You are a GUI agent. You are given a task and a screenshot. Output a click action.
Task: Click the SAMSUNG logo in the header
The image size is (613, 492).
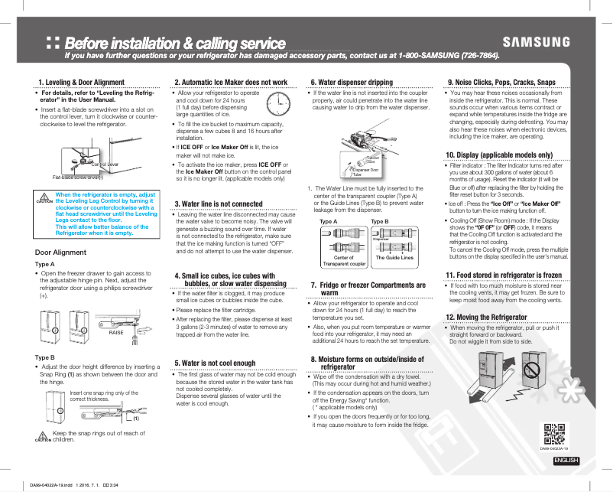coord(536,42)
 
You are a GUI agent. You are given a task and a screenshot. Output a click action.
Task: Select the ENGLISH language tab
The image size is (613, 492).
coord(566,460)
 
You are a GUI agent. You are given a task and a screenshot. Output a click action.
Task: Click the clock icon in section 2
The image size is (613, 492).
coord(278,103)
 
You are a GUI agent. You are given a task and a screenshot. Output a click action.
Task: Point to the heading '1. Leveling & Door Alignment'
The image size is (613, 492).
coord(82,82)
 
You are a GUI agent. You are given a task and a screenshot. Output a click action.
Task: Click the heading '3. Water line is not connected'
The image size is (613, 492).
coord(219,204)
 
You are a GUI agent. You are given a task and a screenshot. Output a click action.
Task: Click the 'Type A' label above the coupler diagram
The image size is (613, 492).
coord(329,221)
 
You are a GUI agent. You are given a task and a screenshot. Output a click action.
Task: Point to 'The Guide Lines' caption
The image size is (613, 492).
coord(394,258)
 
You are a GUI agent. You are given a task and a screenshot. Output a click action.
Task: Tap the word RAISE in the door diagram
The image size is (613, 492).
coord(116,333)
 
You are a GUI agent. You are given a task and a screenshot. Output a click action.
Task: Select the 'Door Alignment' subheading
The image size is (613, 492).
coord(60,253)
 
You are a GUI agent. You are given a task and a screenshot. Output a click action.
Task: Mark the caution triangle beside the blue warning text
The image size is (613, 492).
coord(44,196)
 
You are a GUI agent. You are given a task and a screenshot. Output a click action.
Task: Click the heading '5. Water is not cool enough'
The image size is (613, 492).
coord(216,363)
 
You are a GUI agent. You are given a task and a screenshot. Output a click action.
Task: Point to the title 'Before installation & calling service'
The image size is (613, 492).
coord(175,43)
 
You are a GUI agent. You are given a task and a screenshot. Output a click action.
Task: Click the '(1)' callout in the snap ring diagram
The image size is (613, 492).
coord(135,418)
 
